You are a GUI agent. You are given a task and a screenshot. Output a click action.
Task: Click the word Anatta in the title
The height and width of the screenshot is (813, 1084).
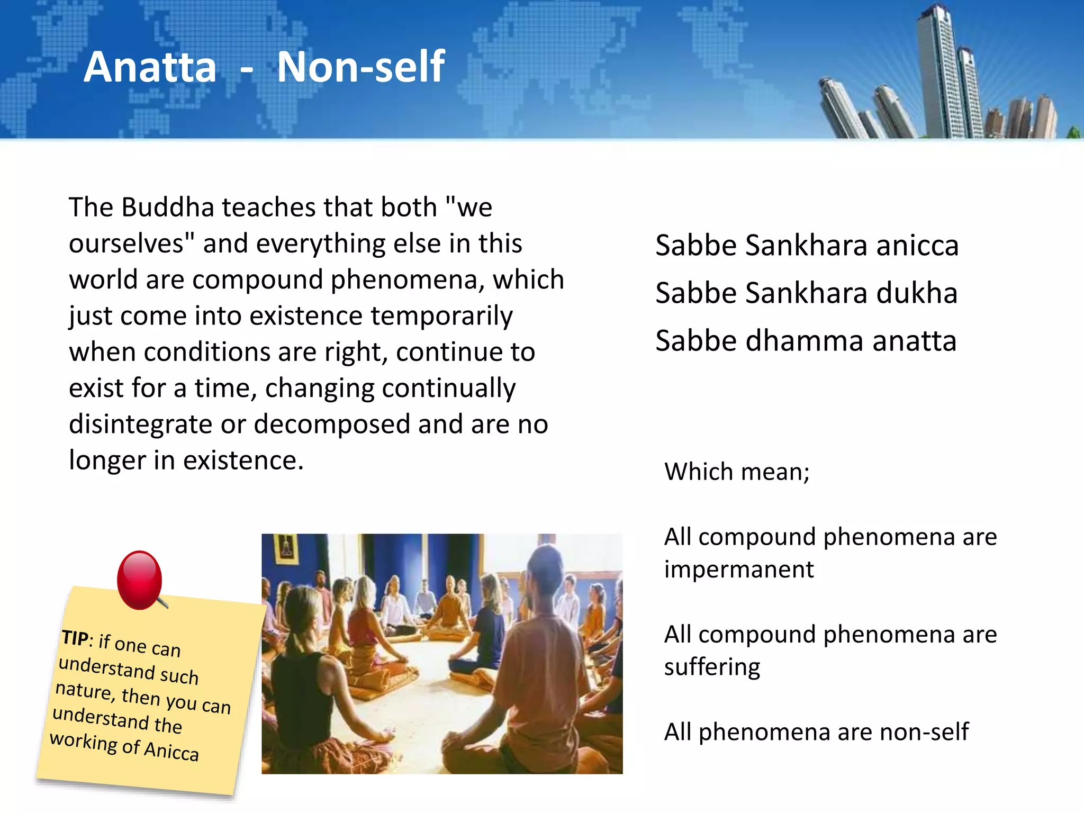pos(150,67)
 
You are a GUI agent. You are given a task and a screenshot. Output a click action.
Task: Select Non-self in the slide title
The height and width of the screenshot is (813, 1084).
pos(361,67)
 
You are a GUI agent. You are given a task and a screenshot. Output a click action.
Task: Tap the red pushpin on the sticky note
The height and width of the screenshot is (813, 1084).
pos(139,579)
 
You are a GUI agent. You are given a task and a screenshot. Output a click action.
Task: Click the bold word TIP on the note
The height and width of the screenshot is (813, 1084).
pos(75,638)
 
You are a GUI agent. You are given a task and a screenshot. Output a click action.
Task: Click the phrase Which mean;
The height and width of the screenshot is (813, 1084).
pos(737,472)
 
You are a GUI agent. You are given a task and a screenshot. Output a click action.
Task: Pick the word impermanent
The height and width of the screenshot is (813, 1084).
pos(739,570)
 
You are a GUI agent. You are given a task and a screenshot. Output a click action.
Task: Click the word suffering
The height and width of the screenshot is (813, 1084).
pos(712,667)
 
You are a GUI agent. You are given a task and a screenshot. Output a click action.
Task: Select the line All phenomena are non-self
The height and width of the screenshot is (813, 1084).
pos(816,732)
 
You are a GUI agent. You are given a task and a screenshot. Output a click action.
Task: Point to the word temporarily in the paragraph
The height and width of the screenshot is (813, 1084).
pos(441,316)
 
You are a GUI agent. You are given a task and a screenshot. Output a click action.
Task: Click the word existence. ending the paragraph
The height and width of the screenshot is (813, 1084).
pos(243,460)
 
